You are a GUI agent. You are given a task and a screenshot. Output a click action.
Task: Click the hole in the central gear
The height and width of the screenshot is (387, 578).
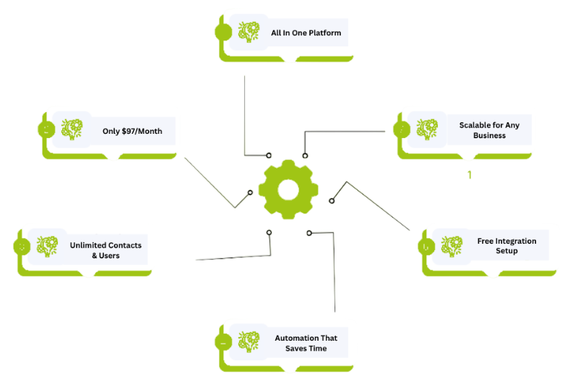pyautogui.click(x=288, y=190)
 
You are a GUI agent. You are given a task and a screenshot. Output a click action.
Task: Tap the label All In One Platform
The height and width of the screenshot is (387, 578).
pyautogui.click(x=306, y=33)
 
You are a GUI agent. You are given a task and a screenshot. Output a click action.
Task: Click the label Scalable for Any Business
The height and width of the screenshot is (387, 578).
pyautogui.click(x=489, y=130)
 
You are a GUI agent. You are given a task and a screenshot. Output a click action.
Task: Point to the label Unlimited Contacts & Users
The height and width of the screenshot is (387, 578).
pyautogui.click(x=105, y=250)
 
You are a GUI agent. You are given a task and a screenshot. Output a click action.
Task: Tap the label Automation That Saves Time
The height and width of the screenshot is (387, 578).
pyautogui.click(x=306, y=343)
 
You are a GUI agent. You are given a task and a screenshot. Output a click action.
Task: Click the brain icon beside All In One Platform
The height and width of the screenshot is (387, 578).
pyautogui.click(x=249, y=33)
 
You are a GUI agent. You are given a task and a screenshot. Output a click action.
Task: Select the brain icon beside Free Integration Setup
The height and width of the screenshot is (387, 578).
pyautogui.click(x=452, y=246)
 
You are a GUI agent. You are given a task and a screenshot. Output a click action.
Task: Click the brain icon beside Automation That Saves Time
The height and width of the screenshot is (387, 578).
pyautogui.click(x=249, y=341)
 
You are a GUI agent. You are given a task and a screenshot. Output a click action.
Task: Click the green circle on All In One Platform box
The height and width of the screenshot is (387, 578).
pyautogui.click(x=223, y=33)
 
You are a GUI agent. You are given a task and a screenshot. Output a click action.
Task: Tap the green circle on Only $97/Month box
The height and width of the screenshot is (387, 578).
pyautogui.click(x=46, y=130)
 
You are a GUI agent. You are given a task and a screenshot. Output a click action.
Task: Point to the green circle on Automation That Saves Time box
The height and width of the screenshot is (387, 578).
pyautogui.click(x=223, y=342)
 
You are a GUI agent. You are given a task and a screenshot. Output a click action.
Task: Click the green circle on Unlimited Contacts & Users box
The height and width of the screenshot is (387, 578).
pyautogui.click(x=22, y=247)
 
